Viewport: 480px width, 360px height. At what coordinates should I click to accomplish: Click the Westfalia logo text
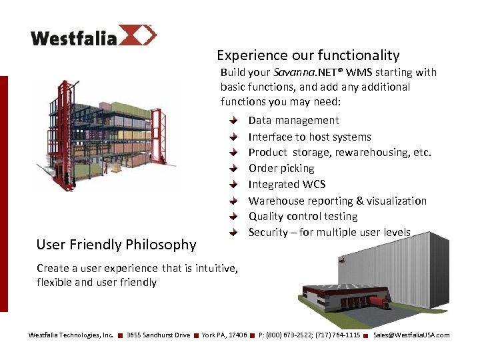73,37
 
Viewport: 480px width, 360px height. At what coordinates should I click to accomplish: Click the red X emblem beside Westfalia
139,35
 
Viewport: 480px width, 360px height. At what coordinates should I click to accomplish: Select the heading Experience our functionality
308,55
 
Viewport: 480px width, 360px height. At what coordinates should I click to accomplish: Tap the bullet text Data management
293,121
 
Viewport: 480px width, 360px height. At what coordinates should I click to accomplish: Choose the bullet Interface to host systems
309,137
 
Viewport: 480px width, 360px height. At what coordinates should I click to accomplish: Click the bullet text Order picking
281,169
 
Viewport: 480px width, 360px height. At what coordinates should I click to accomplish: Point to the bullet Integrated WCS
287,185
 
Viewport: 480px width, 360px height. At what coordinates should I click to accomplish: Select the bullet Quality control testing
303,217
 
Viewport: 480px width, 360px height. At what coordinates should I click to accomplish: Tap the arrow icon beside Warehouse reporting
233,201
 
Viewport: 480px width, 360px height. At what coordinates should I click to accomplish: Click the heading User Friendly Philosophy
116,245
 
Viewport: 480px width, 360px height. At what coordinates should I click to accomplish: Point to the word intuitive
213,268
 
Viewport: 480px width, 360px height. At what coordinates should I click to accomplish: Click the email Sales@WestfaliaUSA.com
411,335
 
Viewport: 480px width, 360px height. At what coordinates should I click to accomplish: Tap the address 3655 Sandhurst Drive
158,335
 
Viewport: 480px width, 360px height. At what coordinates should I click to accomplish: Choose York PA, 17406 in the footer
224,335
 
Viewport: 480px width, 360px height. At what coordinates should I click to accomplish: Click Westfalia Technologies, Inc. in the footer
71,335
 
